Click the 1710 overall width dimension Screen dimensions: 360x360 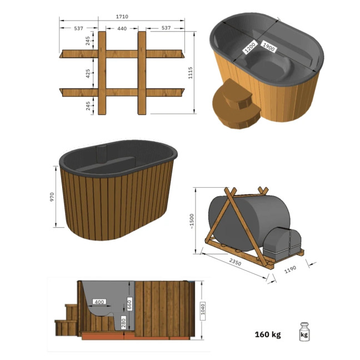(122, 17)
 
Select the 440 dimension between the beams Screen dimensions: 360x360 (122, 28)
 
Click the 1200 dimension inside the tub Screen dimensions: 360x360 (248, 52)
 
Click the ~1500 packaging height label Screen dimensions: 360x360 (192, 221)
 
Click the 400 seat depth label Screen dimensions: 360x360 (99, 302)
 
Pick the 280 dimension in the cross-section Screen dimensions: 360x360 (124, 323)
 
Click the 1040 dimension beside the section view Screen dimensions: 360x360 (203, 308)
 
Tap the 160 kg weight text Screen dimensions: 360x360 (267, 334)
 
